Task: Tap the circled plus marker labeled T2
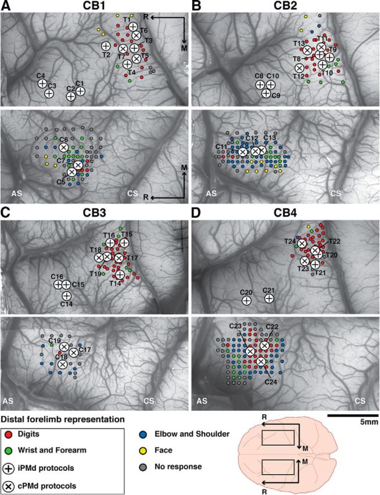(106, 46)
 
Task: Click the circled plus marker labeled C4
(42, 84)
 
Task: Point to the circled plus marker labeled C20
(246, 301)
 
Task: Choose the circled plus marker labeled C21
(269, 298)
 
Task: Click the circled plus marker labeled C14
(67, 296)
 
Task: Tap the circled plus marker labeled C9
(266, 93)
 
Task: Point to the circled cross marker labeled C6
(64, 148)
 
